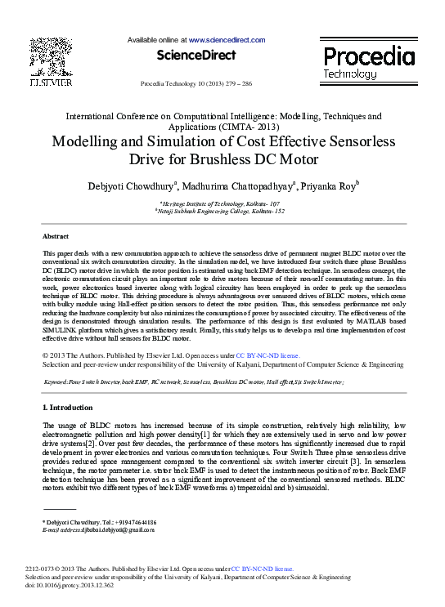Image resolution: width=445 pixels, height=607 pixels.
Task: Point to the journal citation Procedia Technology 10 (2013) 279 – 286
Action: point(196,84)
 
